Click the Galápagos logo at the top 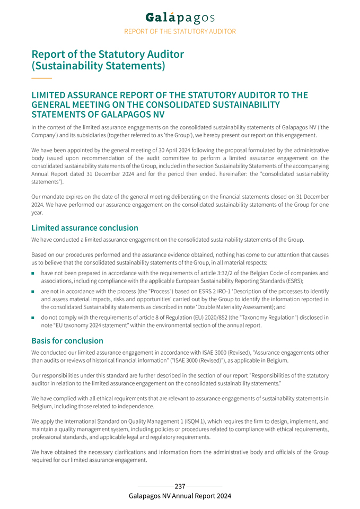(x=180, y=17)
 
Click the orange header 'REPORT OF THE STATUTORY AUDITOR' (x=180, y=31)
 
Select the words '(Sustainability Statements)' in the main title (x=98, y=66)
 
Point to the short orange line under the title (x=42, y=78)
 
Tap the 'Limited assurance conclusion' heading (x=85, y=228)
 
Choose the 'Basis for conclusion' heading (x=67, y=340)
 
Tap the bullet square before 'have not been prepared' (x=33, y=274)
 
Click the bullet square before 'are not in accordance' (x=33, y=292)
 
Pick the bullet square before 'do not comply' (x=33, y=318)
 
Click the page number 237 (x=180, y=486)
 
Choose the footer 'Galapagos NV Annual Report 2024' (x=180, y=496)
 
